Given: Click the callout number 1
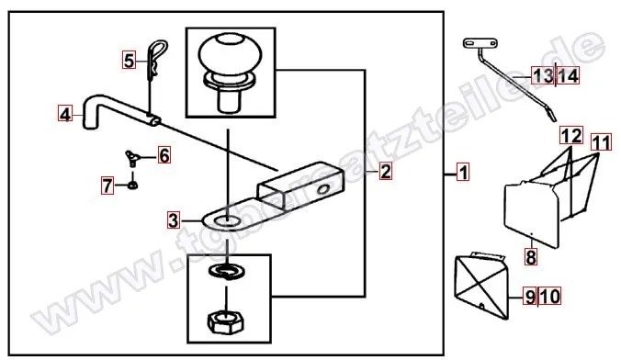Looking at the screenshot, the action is (x=463, y=173).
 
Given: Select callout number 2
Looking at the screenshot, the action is (x=385, y=171).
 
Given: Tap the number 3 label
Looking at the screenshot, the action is (x=174, y=220).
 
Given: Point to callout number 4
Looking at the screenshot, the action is (x=65, y=114).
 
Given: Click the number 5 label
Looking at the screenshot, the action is (x=129, y=61).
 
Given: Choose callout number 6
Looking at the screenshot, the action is (x=164, y=155).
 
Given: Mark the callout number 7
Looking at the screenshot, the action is (x=107, y=186).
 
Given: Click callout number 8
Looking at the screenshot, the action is (x=531, y=256).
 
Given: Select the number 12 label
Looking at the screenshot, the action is (x=571, y=135).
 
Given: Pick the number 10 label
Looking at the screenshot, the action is (x=550, y=297).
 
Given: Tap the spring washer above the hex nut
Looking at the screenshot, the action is (x=226, y=272).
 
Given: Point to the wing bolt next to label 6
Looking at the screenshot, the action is (x=132, y=157).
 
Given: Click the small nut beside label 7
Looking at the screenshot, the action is (x=133, y=185).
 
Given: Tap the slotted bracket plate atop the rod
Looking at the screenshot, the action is (x=480, y=43).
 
